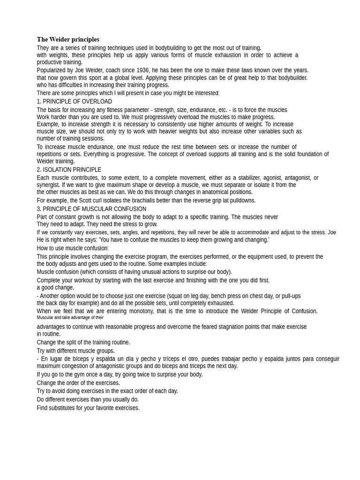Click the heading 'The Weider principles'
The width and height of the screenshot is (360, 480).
[x=68, y=39]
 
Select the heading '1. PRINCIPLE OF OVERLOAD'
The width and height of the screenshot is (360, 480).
[x=74, y=101]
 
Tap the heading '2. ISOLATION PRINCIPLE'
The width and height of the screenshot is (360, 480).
[x=69, y=170]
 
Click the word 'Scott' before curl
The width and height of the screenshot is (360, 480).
[x=100, y=201]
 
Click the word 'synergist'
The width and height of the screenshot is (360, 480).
[x=48, y=185]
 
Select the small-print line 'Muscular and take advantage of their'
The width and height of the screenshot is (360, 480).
[x=70, y=318]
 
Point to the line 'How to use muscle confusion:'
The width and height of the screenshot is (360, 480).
[x=73, y=248]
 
